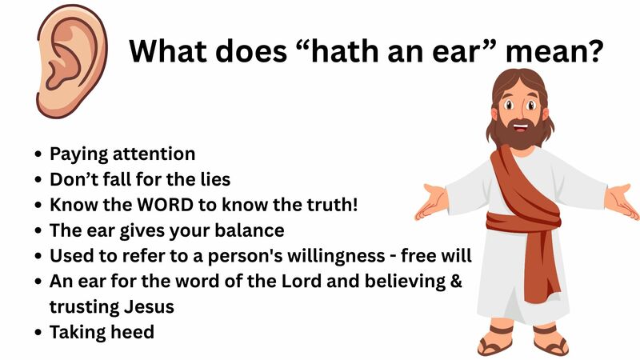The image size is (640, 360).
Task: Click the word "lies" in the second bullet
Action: click(x=217, y=178)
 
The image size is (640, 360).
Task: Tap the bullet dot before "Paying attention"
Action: click(x=39, y=154)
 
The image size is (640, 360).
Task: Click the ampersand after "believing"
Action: click(x=456, y=281)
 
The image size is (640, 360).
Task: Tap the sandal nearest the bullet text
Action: click(x=494, y=341)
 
